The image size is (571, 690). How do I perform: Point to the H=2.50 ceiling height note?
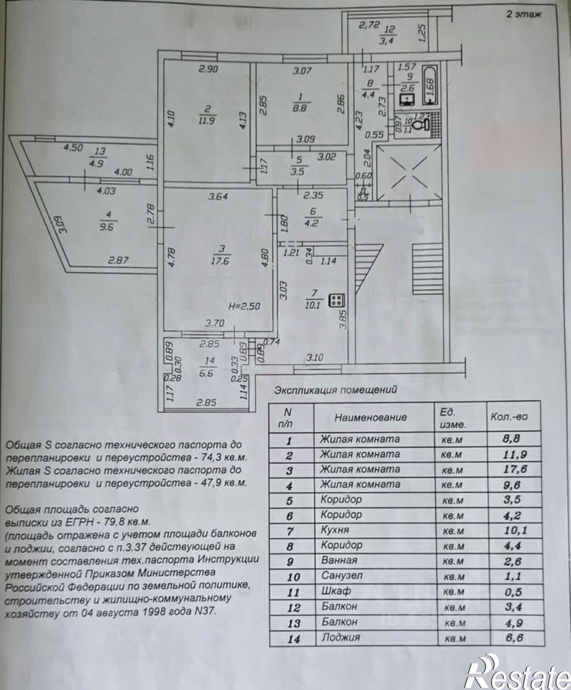coord(244,306)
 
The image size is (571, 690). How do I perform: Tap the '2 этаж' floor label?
coord(523,14)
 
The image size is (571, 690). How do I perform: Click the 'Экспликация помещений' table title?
coord(335,390)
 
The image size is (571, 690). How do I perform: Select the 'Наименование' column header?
coord(371,417)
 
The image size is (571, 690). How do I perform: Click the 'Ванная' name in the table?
coord(339,560)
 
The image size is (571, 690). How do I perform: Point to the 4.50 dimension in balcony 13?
coord(73,148)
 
